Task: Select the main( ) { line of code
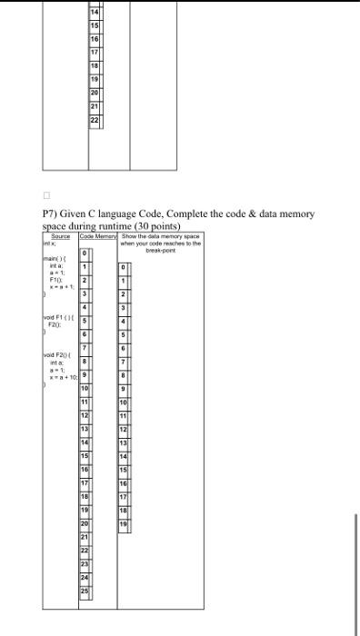(x=59, y=263)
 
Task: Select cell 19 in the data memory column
(x=125, y=525)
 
